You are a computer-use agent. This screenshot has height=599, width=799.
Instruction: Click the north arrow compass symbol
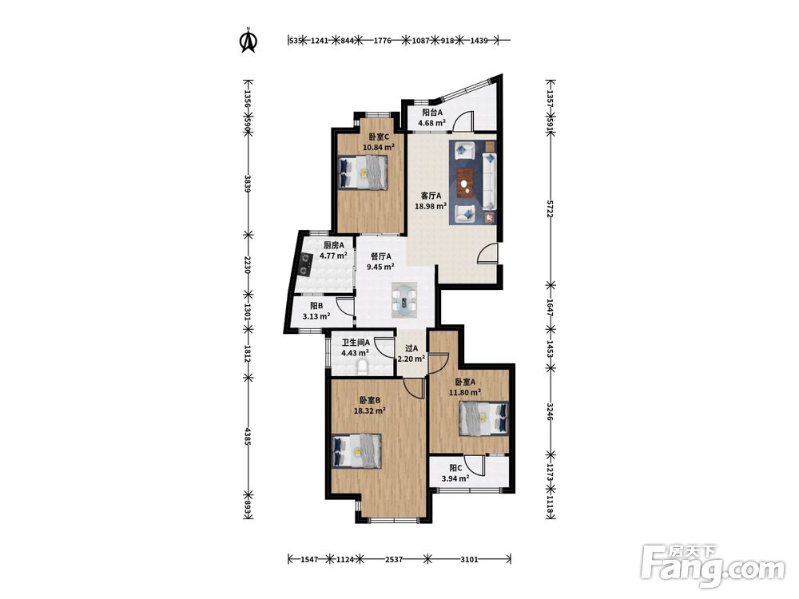tap(248, 41)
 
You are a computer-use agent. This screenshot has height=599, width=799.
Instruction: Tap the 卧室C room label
tap(379, 137)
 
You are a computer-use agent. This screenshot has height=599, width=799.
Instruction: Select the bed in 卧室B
tap(356, 450)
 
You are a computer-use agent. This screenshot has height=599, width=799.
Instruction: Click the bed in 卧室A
tap(484, 419)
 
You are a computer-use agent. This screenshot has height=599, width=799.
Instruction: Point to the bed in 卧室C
tap(364, 173)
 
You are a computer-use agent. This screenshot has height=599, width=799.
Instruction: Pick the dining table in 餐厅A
tap(404, 300)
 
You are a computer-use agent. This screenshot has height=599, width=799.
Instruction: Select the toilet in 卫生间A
tap(362, 367)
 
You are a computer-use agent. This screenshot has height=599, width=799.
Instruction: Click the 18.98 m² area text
tap(431, 206)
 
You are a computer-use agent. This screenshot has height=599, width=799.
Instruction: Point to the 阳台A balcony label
tap(432, 113)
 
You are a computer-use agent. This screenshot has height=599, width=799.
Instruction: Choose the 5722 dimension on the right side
tap(550, 209)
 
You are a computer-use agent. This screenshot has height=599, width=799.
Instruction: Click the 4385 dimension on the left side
tap(248, 437)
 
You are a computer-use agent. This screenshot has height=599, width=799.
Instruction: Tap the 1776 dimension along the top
tap(382, 40)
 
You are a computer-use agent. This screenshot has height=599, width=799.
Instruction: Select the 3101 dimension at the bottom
tap(469, 559)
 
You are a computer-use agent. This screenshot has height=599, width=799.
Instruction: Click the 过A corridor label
tap(411, 348)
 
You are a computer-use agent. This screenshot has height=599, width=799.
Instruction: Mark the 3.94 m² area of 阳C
tap(455, 478)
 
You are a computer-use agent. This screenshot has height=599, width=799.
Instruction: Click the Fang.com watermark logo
tap(714, 566)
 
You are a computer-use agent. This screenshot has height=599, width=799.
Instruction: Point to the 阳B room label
tap(316, 306)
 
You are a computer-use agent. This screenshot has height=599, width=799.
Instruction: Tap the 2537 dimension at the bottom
tap(394, 559)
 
